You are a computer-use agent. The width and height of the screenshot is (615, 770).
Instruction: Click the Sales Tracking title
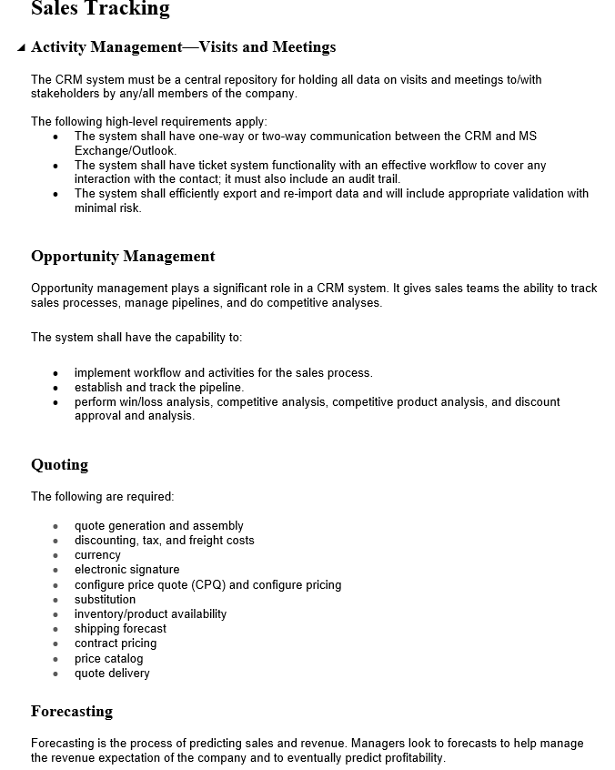[x=100, y=9]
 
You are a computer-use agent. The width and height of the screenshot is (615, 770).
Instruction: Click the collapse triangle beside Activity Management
[x=21, y=48]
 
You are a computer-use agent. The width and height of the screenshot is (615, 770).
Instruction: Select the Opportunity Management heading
[x=123, y=257]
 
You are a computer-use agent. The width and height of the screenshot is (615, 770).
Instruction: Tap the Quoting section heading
[x=59, y=465]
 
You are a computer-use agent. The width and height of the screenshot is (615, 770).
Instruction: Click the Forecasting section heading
[x=72, y=712]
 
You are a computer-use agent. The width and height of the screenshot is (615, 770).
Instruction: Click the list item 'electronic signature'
[x=126, y=570]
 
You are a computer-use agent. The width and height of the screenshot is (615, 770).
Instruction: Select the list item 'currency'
[x=97, y=555]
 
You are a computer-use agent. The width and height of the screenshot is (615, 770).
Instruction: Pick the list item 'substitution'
[x=105, y=599]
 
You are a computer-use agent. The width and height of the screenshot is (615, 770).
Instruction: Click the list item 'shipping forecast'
[x=120, y=629]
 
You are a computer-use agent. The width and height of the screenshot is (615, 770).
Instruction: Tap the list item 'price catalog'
[x=108, y=659]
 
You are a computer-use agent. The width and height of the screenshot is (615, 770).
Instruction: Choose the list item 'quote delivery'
[x=112, y=674]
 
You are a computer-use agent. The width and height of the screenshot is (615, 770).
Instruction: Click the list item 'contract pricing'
[x=116, y=643]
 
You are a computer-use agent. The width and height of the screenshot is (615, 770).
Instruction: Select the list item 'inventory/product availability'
[x=150, y=614]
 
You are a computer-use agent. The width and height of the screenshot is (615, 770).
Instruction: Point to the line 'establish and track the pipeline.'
[x=159, y=388]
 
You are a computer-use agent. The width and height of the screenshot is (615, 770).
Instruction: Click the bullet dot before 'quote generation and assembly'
[x=55, y=527]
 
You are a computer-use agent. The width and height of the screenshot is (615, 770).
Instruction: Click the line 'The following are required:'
[x=102, y=497]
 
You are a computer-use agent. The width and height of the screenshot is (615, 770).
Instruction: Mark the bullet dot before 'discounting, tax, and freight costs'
[x=55, y=542]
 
